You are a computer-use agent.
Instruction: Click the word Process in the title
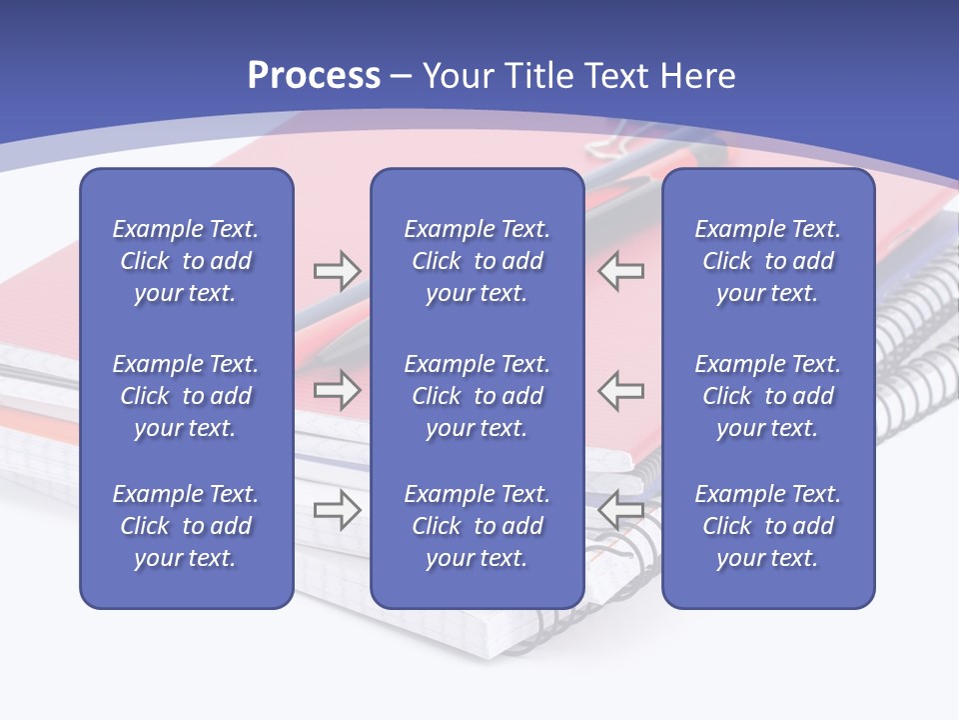314,76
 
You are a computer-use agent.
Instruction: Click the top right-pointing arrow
337,271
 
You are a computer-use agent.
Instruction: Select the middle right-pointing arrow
337,390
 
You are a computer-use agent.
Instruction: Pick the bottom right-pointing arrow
337,510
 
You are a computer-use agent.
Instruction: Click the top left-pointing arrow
620,271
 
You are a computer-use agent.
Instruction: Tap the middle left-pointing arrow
620,390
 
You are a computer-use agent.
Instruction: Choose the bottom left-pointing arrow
620,510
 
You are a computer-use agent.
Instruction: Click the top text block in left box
186,261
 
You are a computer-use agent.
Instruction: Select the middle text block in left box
186,396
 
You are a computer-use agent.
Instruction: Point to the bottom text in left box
186,526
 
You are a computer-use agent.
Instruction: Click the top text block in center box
477,261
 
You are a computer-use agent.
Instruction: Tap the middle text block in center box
477,396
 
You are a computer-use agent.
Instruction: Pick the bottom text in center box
477,526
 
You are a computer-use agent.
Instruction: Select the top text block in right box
767,261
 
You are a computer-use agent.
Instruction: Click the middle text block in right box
767,396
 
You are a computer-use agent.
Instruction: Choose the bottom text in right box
767,526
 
